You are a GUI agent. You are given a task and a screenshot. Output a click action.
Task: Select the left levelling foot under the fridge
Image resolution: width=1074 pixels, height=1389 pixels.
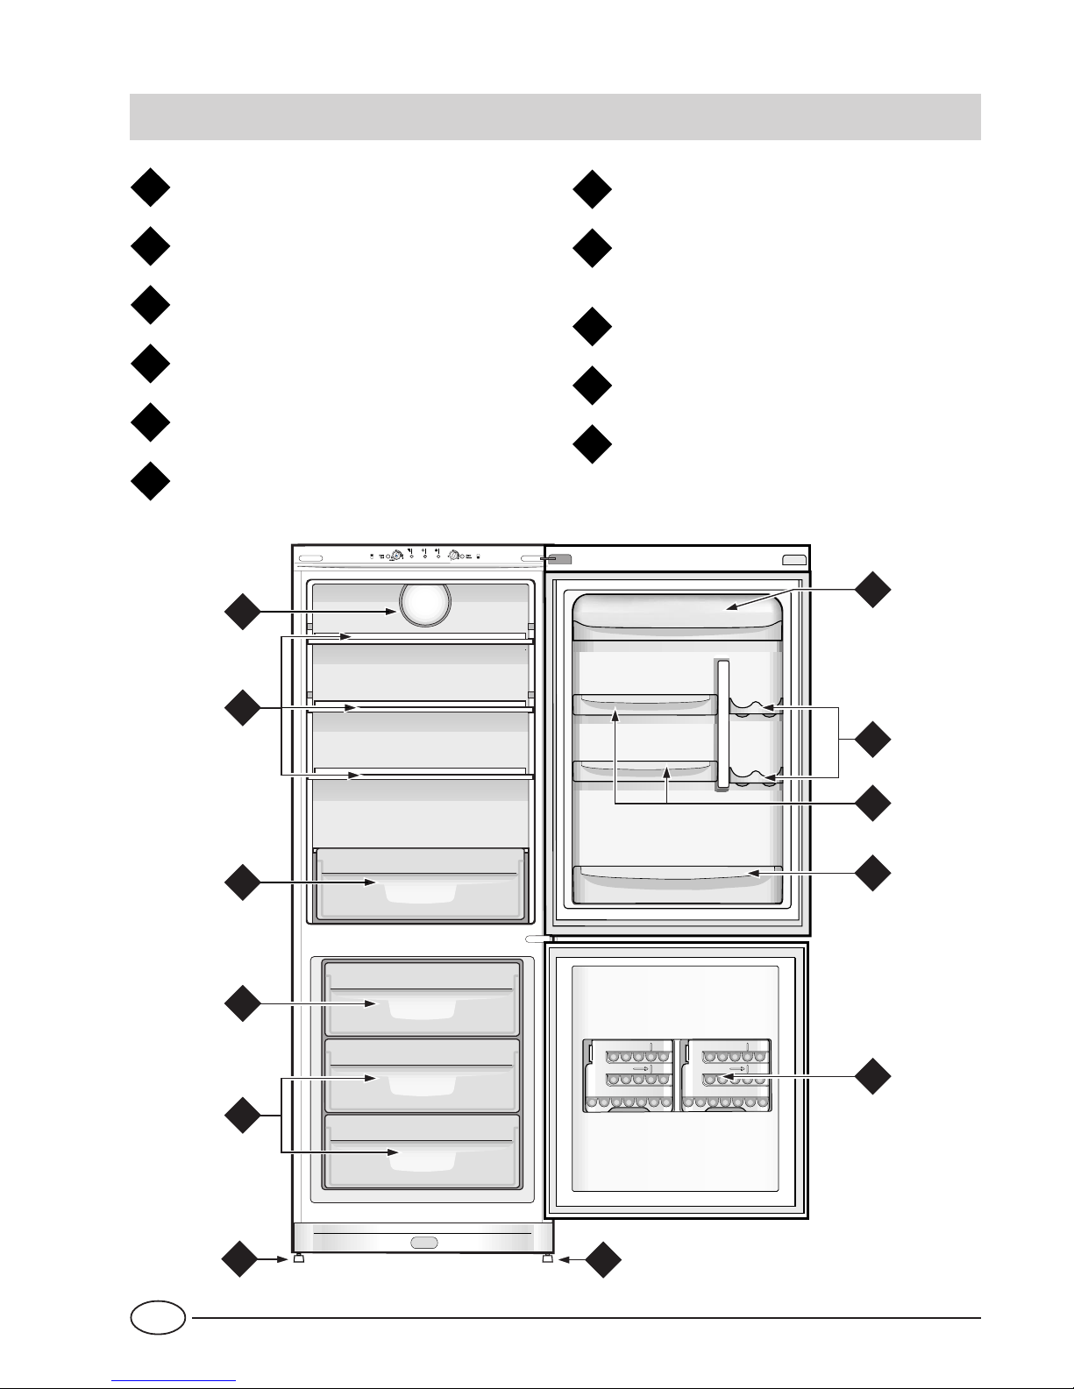click(x=299, y=1258)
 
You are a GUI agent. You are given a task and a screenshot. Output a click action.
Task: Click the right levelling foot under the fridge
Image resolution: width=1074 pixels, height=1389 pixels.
click(x=548, y=1258)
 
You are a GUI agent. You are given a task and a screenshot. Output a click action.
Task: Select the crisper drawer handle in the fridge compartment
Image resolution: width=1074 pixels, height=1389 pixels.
click(x=420, y=891)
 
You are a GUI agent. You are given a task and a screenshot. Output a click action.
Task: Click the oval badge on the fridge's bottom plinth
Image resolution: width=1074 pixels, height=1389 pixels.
click(x=424, y=1242)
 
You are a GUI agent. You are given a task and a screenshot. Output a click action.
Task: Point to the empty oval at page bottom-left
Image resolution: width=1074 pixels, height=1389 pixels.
click(x=158, y=1317)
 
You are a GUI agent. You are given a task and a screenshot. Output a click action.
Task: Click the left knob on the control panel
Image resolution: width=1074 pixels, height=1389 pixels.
click(x=396, y=556)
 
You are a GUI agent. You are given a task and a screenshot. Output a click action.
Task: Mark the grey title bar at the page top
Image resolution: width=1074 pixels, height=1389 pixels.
click(x=554, y=117)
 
